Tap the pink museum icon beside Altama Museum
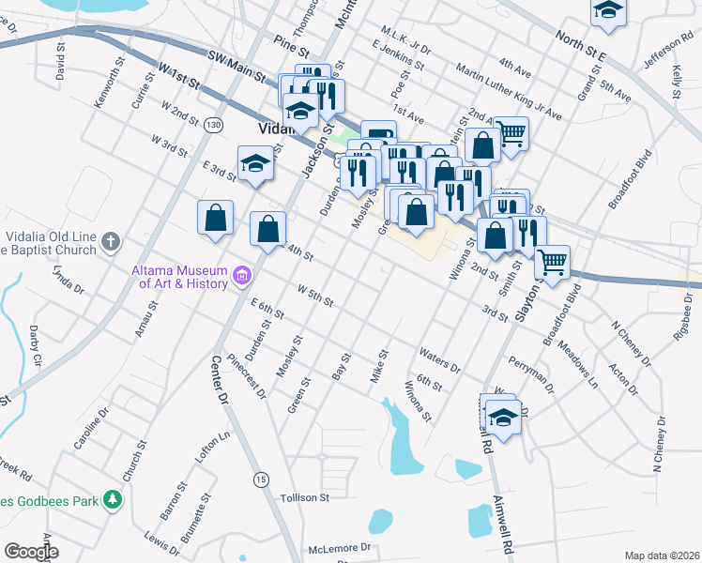point(244,276)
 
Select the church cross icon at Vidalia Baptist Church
point(110,242)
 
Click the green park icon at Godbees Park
point(113,499)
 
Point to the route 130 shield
point(215,125)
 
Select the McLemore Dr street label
point(341,547)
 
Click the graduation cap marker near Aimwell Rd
point(503,416)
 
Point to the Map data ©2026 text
point(663,555)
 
